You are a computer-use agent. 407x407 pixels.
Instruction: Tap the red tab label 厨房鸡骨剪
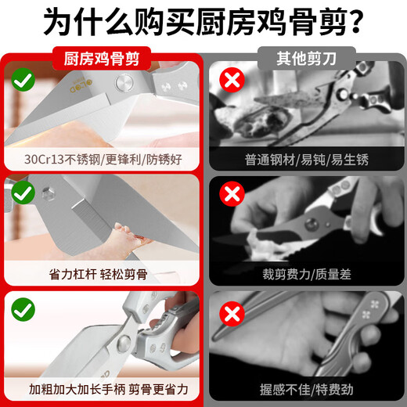(102, 59)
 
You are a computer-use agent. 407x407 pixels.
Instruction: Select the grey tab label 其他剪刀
(307, 59)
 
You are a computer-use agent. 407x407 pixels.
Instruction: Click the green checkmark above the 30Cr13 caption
(23, 80)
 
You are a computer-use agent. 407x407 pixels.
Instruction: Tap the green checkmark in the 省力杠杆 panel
(23, 193)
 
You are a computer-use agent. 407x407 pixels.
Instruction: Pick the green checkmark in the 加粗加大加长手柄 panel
(23, 309)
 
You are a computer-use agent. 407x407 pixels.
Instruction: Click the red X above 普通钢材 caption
(232, 80)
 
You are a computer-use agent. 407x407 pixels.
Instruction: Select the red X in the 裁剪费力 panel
(232, 194)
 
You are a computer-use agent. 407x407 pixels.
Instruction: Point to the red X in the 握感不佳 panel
(232, 314)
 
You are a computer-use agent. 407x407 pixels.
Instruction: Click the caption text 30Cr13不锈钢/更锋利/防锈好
(103, 160)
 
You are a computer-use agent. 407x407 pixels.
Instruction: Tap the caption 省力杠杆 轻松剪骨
(99, 275)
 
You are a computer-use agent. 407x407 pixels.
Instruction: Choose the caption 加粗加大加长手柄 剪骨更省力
(109, 390)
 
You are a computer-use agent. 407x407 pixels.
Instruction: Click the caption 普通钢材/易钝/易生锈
(307, 160)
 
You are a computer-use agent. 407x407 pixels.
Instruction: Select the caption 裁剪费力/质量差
(307, 275)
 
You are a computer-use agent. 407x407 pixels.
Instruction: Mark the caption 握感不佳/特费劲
(307, 390)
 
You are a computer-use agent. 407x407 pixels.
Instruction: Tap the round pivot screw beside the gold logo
(124, 83)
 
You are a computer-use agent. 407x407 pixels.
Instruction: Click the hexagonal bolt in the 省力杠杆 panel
(48, 193)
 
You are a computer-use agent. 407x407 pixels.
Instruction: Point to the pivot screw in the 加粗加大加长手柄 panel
(124, 343)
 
